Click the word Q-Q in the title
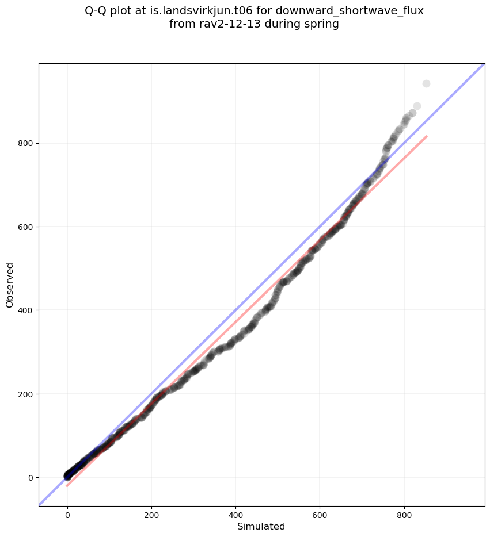pos(96,11)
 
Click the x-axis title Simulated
pos(261,526)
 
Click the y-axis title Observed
pos(10,285)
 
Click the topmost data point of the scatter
pos(426,83)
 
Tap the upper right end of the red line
pos(427,136)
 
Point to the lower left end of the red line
pos(67,486)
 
